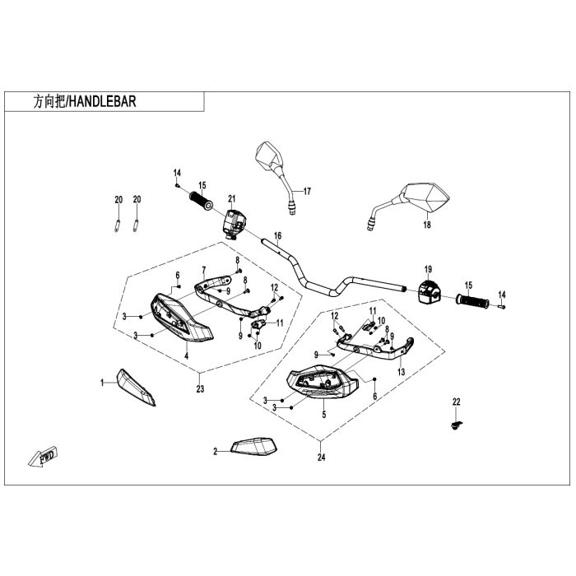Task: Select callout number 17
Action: pyautogui.click(x=307, y=191)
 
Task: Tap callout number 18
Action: pyautogui.click(x=427, y=224)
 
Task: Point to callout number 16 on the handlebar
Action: pyautogui.click(x=277, y=235)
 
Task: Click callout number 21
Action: pyautogui.click(x=232, y=199)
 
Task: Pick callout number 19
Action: pyautogui.click(x=428, y=269)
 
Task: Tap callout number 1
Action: pyautogui.click(x=103, y=383)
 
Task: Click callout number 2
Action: pyautogui.click(x=215, y=451)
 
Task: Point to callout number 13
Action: pyautogui.click(x=402, y=372)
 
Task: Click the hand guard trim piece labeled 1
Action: pyautogui.click(x=137, y=387)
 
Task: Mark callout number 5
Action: pyautogui.click(x=324, y=416)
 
